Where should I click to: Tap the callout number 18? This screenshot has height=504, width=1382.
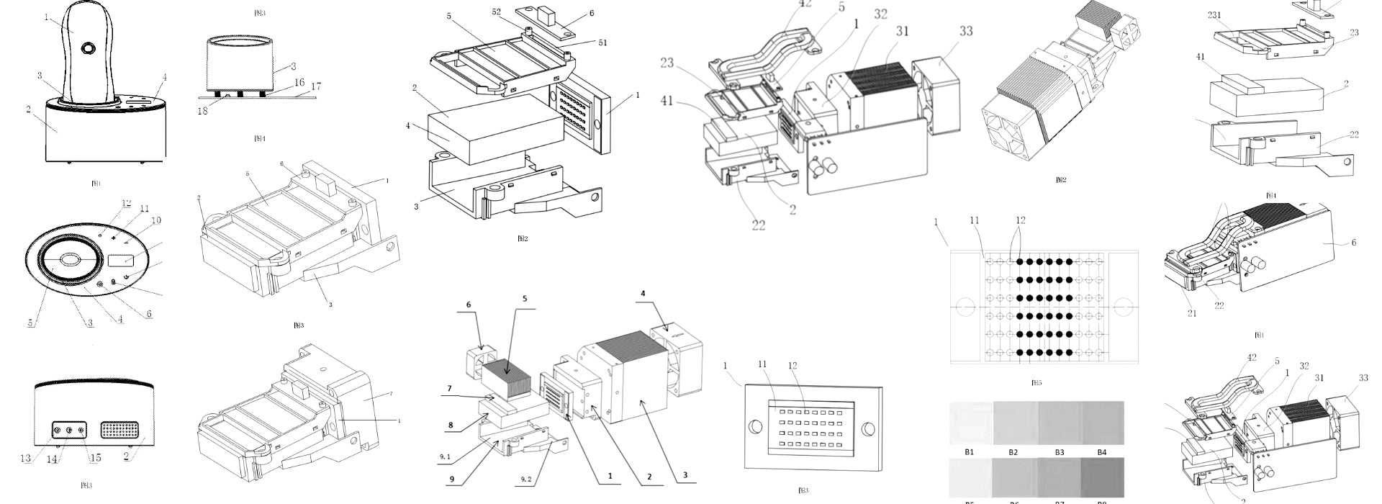203,110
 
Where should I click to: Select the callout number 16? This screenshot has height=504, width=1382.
299,82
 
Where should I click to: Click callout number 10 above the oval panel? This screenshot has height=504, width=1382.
156,220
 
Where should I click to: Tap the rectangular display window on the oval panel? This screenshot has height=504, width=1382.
119,261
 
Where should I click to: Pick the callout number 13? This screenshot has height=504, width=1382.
25,459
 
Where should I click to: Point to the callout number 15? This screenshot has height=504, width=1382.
95,458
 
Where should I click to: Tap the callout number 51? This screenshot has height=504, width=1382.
602,42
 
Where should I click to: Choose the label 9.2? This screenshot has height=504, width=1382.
528,477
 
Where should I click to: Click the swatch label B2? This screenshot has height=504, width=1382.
1013,452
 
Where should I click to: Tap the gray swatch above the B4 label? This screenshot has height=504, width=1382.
1101,423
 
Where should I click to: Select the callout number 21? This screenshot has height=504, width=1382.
1192,313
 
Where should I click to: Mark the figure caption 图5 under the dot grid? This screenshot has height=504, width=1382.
1036,383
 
